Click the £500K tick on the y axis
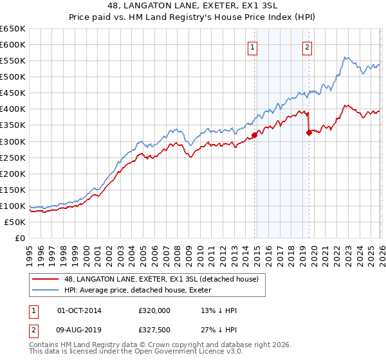pyautogui.click(x=13, y=76)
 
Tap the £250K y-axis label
pyautogui.click(x=13, y=157)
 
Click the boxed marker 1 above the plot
pyautogui.click(x=252, y=47)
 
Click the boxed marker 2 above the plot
pyautogui.click(x=308, y=47)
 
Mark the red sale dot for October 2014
pyautogui.click(x=254, y=135)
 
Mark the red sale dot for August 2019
pyautogui.click(x=309, y=132)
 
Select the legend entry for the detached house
pyautogui.click(x=161, y=278)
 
